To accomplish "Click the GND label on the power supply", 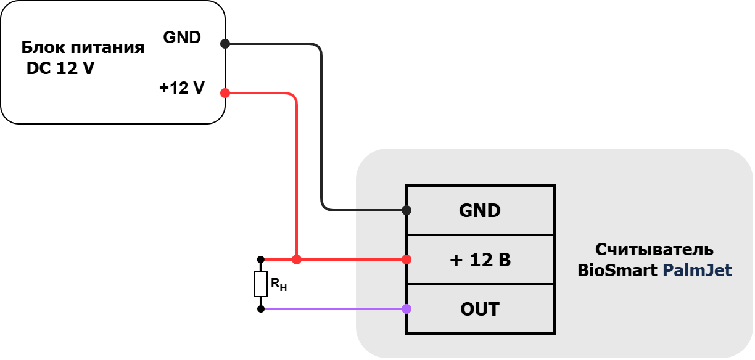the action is pyautogui.click(x=182, y=38).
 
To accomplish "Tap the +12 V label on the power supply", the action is pyautogui.click(x=182, y=88).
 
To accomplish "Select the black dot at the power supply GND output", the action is pyautogui.click(x=225, y=44).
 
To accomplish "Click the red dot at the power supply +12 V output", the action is pyautogui.click(x=225, y=93).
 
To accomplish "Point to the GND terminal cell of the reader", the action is pyautogui.click(x=481, y=210).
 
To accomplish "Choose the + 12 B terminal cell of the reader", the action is pyautogui.click(x=481, y=260).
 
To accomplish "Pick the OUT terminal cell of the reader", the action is pyautogui.click(x=481, y=309).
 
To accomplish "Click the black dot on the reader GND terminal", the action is pyautogui.click(x=406, y=210).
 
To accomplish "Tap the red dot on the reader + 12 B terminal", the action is pyautogui.click(x=406, y=260).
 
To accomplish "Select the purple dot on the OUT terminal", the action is pyautogui.click(x=406, y=309).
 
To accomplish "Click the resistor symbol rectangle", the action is pyautogui.click(x=261, y=284).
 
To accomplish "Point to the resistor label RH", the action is pyautogui.click(x=279, y=285).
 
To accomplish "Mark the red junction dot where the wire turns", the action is pyautogui.click(x=297, y=260).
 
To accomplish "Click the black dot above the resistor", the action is pyautogui.click(x=261, y=260).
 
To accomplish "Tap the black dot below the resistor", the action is pyautogui.click(x=261, y=309).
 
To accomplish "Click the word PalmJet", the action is pyautogui.click(x=698, y=271).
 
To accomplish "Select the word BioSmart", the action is pyautogui.click(x=617, y=271).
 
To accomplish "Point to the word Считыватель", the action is pyautogui.click(x=654, y=250).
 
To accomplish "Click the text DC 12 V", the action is pyautogui.click(x=60, y=68).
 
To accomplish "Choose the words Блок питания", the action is pyautogui.click(x=83, y=47).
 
